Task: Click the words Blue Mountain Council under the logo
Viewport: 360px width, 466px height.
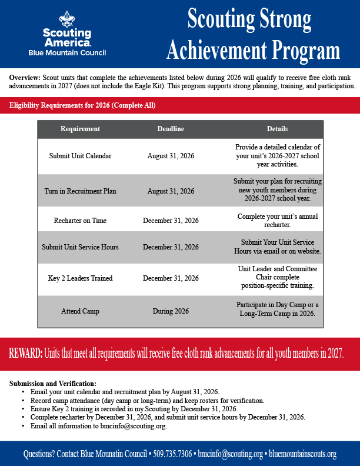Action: (x=67, y=53)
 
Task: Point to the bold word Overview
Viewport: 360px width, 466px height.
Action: (x=24, y=78)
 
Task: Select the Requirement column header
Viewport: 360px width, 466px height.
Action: (x=80, y=129)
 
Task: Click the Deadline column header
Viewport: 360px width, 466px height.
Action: (x=171, y=129)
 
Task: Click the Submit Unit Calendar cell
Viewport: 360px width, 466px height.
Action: (x=80, y=156)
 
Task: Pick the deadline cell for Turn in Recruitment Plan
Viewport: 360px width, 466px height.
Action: (x=171, y=191)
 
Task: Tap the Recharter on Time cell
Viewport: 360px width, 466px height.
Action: (x=80, y=220)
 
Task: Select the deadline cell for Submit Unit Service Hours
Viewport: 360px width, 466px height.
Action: (x=171, y=247)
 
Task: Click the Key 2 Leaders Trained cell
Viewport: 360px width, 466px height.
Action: (x=80, y=278)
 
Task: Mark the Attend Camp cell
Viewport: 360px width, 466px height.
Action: (x=80, y=310)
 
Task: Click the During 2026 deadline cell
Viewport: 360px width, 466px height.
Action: (x=171, y=310)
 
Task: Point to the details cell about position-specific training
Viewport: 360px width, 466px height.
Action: (x=277, y=277)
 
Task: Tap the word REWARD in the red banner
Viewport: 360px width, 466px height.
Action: (x=25, y=354)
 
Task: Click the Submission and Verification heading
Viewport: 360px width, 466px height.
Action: (x=53, y=384)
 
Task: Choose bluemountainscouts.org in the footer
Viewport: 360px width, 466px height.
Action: (x=301, y=454)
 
